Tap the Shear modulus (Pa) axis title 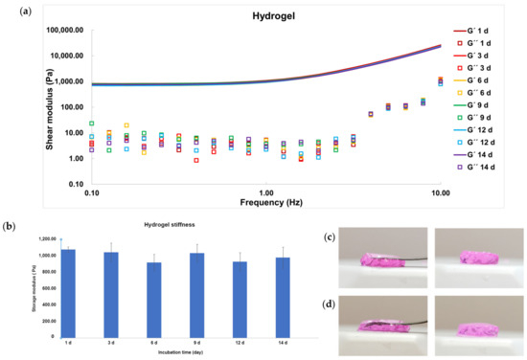pyautogui.click(x=29, y=105)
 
